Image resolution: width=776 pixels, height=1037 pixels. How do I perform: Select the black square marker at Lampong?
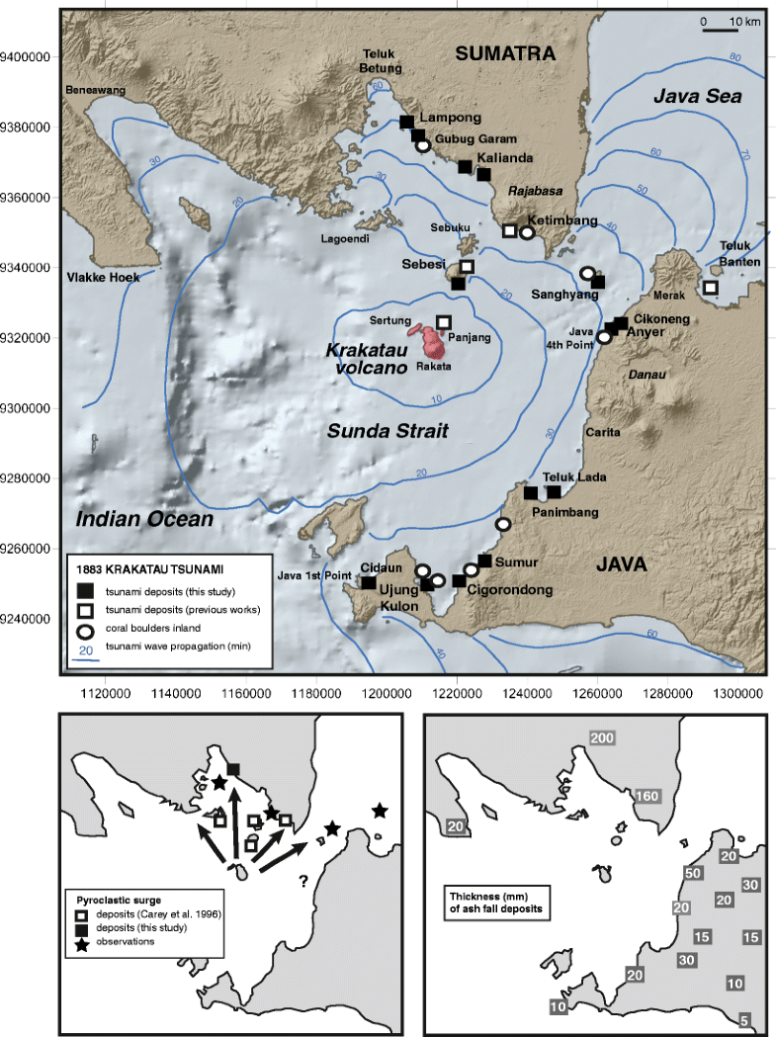click(406, 123)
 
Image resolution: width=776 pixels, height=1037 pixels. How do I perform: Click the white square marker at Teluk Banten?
click(710, 288)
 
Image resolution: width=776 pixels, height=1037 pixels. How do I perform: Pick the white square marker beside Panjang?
click(444, 322)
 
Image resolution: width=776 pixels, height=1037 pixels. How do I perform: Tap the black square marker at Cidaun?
click(368, 583)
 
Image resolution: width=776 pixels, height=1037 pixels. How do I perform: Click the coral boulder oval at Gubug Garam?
click(423, 146)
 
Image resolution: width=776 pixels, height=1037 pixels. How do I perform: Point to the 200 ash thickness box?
click(602, 738)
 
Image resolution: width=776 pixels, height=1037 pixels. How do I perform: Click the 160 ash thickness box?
click(647, 795)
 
